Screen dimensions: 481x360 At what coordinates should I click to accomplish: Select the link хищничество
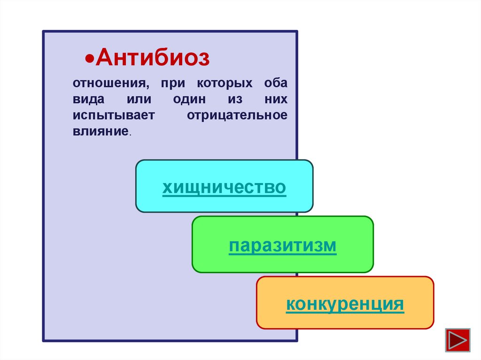click(x=224, y=187)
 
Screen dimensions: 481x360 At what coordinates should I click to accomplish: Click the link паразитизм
click(x=283, y=245)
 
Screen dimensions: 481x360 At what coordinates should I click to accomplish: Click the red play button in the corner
click(x=458, y=339)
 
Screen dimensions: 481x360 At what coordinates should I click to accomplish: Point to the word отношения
click(x=108, y=84)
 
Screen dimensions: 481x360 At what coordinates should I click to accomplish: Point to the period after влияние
click(x=130, y=134)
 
